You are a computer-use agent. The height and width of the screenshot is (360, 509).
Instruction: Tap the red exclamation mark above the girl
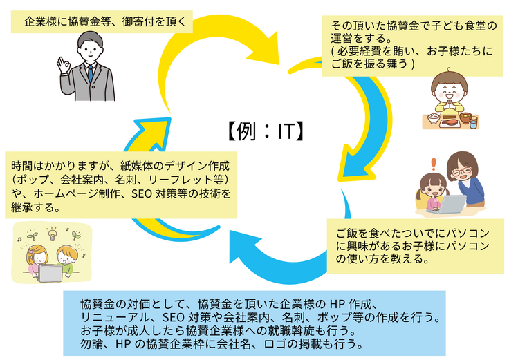434,164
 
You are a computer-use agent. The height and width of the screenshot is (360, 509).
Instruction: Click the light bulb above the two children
50,232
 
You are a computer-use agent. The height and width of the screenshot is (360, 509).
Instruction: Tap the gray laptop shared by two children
50,272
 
